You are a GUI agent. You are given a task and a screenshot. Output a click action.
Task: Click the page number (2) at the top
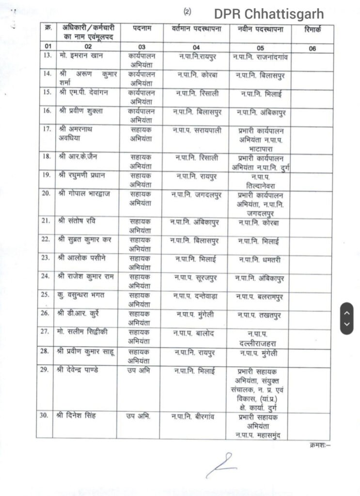[187, 11]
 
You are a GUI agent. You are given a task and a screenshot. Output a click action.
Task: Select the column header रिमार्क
[313, 30]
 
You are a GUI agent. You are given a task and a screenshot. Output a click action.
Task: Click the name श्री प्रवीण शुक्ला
[81, 111]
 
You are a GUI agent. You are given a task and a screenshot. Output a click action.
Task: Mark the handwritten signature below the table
[220, 465]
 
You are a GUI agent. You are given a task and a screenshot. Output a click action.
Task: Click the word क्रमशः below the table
[318, 444]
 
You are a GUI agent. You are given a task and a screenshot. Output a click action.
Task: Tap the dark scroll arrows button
[346, 318]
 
